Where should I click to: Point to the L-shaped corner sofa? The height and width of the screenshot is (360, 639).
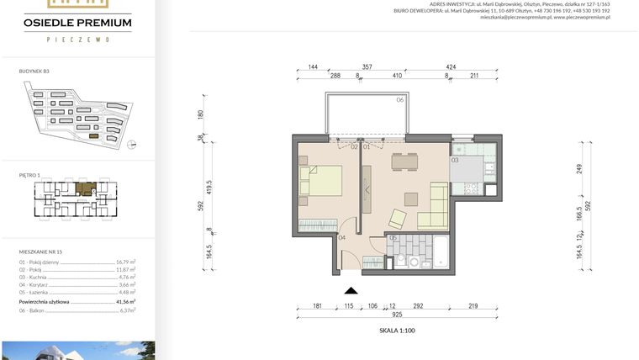(x=435, y=207)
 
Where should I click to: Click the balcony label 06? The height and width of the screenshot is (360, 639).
(x=400, y=100)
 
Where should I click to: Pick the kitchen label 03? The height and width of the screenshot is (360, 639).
(x=454, y=159)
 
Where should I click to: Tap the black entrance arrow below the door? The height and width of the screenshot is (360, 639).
(x=351, y=290)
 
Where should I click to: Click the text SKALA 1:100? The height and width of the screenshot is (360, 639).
(x=397, y=331)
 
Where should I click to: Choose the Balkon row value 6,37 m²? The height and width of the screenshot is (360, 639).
(x=128, y=310)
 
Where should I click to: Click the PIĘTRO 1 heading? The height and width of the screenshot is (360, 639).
(x=29, y=175)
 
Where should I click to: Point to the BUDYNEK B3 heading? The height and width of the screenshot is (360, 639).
(x=34, y=71)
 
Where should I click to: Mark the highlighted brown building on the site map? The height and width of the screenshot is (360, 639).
(x=93, y=135)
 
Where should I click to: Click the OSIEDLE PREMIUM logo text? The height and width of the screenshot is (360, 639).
(x=77, y=22)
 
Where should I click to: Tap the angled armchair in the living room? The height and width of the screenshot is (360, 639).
(x=396, y=220)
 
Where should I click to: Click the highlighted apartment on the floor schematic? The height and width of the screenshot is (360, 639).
(x=84, y=189)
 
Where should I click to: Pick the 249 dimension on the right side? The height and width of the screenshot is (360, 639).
(x=579, y=169)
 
